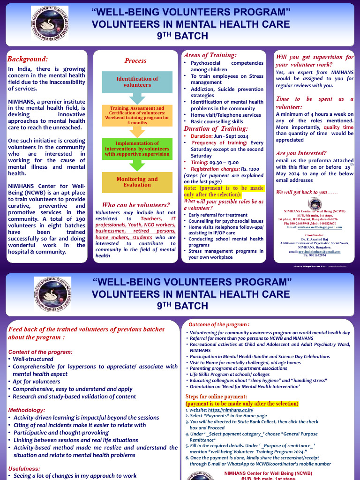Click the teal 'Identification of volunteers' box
click(x=137, y=82)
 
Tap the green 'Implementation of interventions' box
click(x=137, y=148)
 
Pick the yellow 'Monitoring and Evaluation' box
click(x=137, y=182)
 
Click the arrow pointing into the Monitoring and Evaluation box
click(x=137, y=165)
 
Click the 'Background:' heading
click(x=28, y=59)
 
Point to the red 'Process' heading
click(x=135, y=60)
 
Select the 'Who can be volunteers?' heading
click(x=136, y=205)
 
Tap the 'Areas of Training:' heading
click(x=210, y=55)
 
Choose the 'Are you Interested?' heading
click(x=300, y=153)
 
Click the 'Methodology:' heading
click(x=27, y=410)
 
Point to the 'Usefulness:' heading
click(x=24, y=468)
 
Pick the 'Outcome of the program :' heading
click(x=219, y=324)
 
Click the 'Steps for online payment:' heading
click(x=216, y=397)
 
